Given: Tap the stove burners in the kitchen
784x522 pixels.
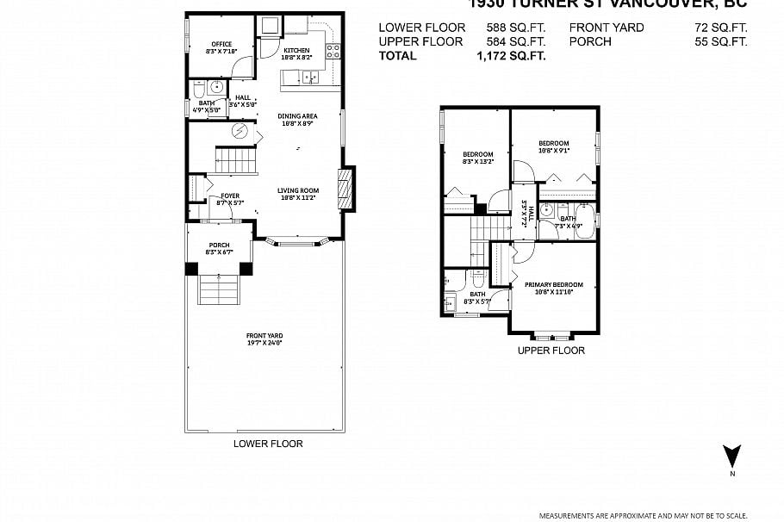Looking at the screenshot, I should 333,50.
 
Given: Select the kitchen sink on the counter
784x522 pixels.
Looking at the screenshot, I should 308,78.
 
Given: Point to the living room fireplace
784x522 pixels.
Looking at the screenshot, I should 344,187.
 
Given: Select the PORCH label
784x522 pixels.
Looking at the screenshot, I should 219,248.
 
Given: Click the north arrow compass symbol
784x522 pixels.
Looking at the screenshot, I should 731,457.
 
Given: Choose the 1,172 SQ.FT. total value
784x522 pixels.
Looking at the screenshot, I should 511,56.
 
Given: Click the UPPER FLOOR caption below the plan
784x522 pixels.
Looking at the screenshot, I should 551,351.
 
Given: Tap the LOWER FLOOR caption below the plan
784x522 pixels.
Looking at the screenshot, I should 268,444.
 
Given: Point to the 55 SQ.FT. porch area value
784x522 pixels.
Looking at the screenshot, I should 721,41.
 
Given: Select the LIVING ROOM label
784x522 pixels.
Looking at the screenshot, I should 298,193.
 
